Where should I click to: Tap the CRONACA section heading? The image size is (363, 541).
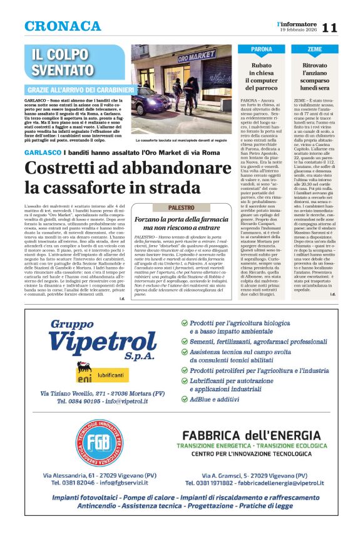click(x=63, y=26)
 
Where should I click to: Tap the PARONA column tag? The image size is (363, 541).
click(x=262, y=49)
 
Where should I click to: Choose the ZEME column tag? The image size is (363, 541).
click(x=315, y=49)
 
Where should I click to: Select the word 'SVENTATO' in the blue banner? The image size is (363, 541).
click(x=63, y=70)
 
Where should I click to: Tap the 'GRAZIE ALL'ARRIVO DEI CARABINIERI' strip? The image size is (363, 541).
click(x=75, y=90)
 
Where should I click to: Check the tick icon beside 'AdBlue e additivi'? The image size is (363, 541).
click(x=184, y=399)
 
